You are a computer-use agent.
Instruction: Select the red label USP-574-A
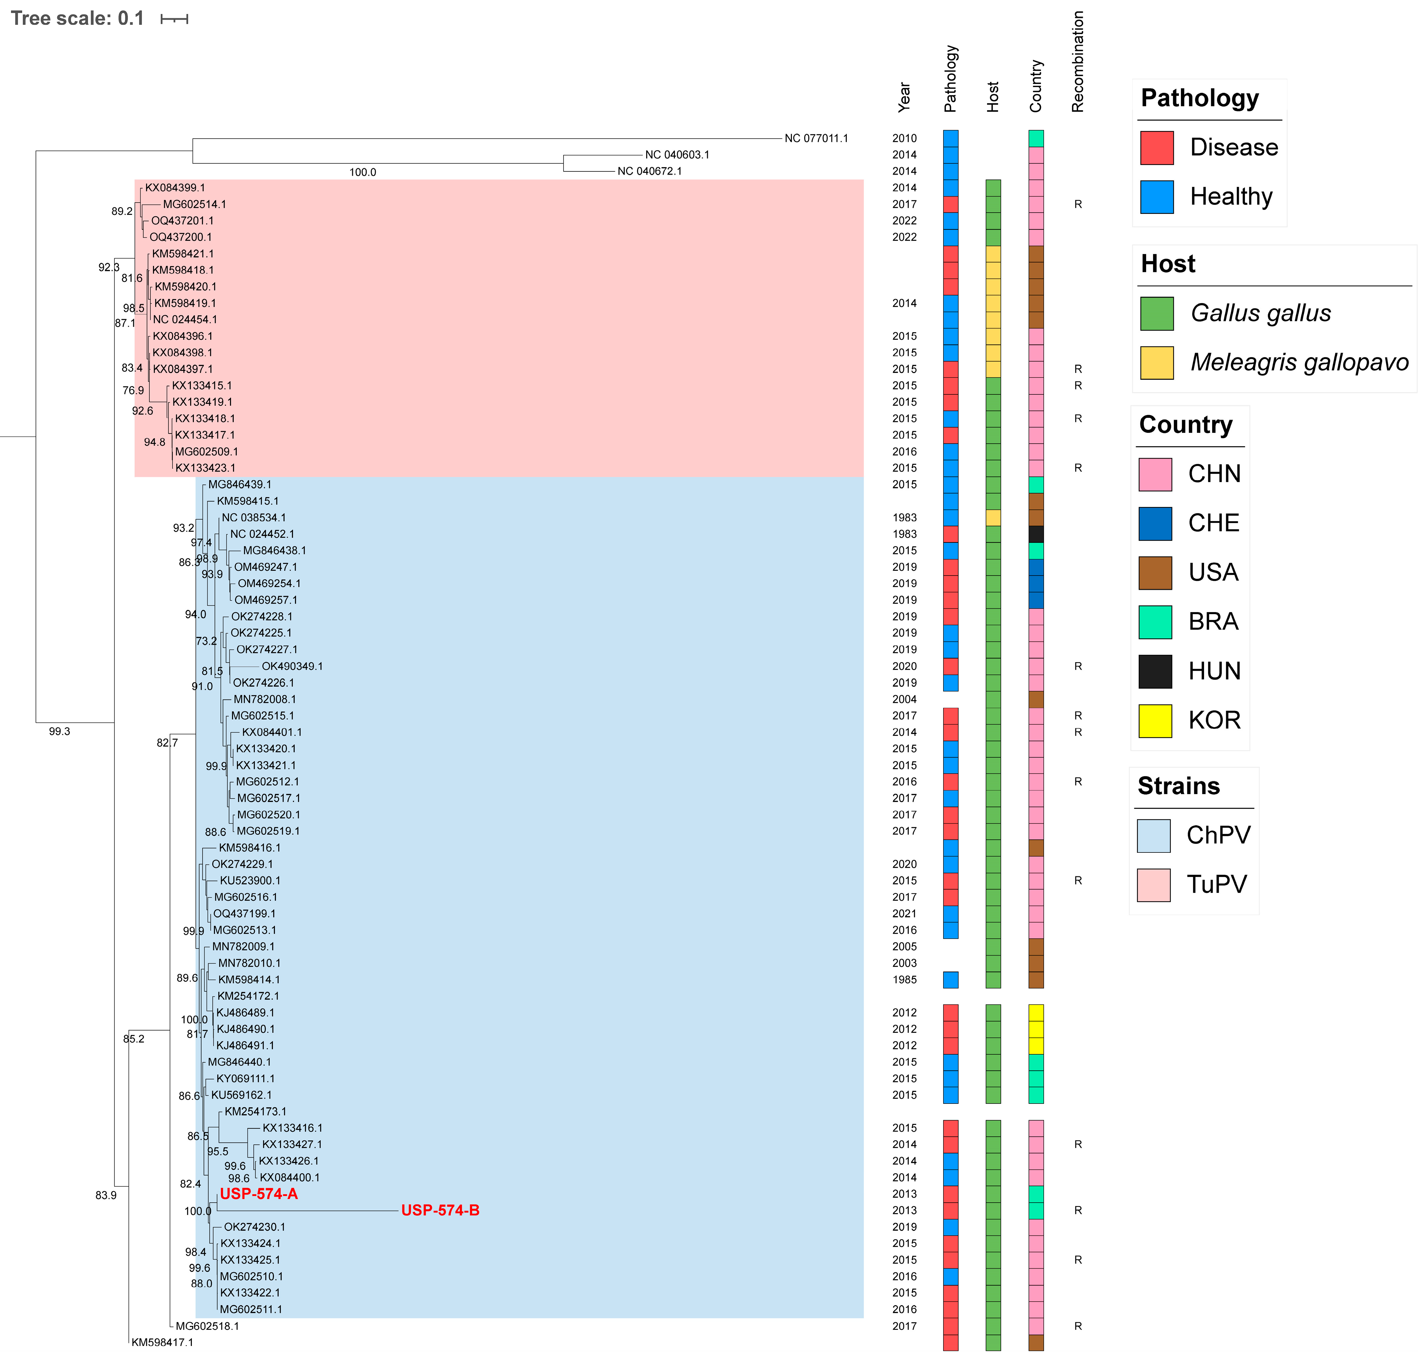pyautogui.click(x=259, y=1194)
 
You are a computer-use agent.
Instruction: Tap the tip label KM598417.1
pyautogui.click(x=162, y=1342)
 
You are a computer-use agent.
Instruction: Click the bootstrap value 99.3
pyautogui.click(x=59, y=732)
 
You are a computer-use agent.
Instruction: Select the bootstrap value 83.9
pyautogui.click(x=106, y=1195)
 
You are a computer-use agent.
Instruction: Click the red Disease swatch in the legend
pyautogui.click(x=1156, y=148)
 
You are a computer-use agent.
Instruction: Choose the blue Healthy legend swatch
pyautogui.click(x=1156, y=197)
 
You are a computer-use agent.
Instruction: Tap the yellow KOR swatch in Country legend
pyautogui.click(x=1155, y=721)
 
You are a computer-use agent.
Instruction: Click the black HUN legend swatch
pyautogui.click(x=1155, y=672)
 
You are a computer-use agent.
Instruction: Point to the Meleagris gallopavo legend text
pyautogui.click(x=1299, y=362)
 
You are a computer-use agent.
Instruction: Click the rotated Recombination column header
pyautogui.click(x=1078, y=62)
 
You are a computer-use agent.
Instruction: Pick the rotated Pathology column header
pyautogui.click(x=951, y=78)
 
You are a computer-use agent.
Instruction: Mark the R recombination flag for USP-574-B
pyautogui.click(x=1078, y=1210)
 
